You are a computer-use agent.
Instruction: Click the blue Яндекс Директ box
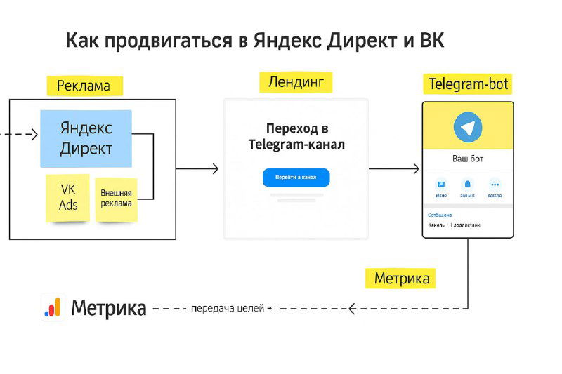86,138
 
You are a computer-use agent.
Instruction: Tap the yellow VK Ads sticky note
68,197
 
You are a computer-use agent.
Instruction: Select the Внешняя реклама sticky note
116,199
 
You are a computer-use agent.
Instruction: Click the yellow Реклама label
84,86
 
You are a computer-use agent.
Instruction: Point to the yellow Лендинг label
295,82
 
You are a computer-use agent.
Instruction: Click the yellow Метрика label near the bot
401,278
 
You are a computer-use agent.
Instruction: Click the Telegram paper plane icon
468,128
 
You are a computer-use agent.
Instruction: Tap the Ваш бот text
467,159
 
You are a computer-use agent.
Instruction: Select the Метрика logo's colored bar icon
53,307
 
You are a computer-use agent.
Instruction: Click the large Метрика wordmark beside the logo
109,308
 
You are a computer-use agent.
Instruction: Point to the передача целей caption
228,308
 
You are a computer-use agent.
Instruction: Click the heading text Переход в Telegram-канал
296,137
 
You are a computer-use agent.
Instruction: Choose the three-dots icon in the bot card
495,185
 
